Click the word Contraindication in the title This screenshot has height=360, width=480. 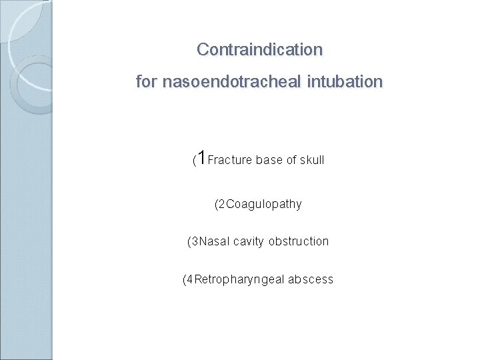[259, 50]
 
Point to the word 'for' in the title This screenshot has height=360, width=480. [147, 83]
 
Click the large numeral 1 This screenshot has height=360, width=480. [201, 158]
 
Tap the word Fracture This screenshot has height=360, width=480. [230, 160]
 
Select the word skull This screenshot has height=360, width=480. [312, 160]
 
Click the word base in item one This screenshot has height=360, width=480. [269, 160]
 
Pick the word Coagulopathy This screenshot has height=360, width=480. [265, 204]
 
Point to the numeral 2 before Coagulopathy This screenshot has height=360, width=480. [223, 204]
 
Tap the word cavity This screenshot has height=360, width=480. [249, 241]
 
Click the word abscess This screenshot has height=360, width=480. [311, 279]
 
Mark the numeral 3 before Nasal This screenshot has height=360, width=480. [195, 241]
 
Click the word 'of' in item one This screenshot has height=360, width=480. [291, 160]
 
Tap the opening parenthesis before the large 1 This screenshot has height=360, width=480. [194, 161]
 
